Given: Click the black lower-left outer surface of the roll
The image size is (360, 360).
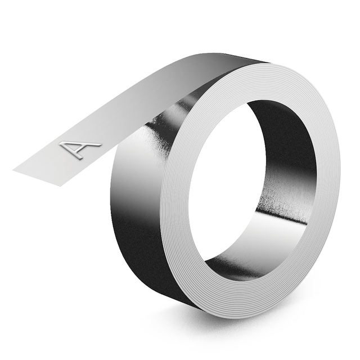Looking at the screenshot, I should [x=135, y=253].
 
